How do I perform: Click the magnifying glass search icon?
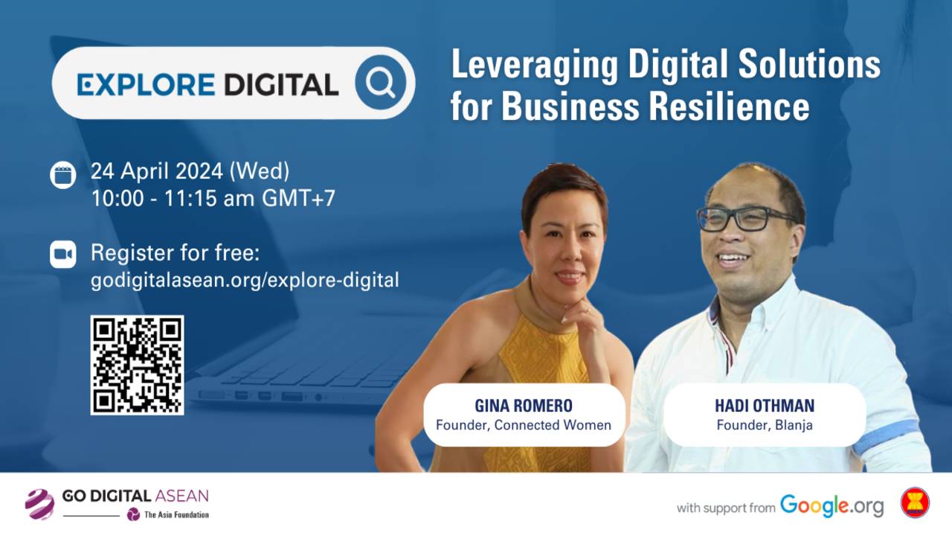(x=381, y=83)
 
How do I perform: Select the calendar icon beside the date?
(x=63, y=175)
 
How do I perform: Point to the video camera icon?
(x=63, y=254)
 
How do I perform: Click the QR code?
(x=137, y=365)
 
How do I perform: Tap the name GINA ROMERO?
(x=524, y=406)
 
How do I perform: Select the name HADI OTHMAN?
(x=765, y=406)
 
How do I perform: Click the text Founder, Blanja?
(x=765, y=426)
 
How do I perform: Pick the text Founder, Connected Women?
(x=524, y=426)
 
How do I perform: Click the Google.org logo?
(x=832, y=505)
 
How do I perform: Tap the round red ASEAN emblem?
(x=916, y=502)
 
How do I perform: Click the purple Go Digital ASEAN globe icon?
(x=39, y=503)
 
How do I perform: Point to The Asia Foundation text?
(x=176, y=514)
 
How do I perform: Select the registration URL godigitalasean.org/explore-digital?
(x=245, y=280)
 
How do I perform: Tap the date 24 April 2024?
(x=156, y=171)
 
